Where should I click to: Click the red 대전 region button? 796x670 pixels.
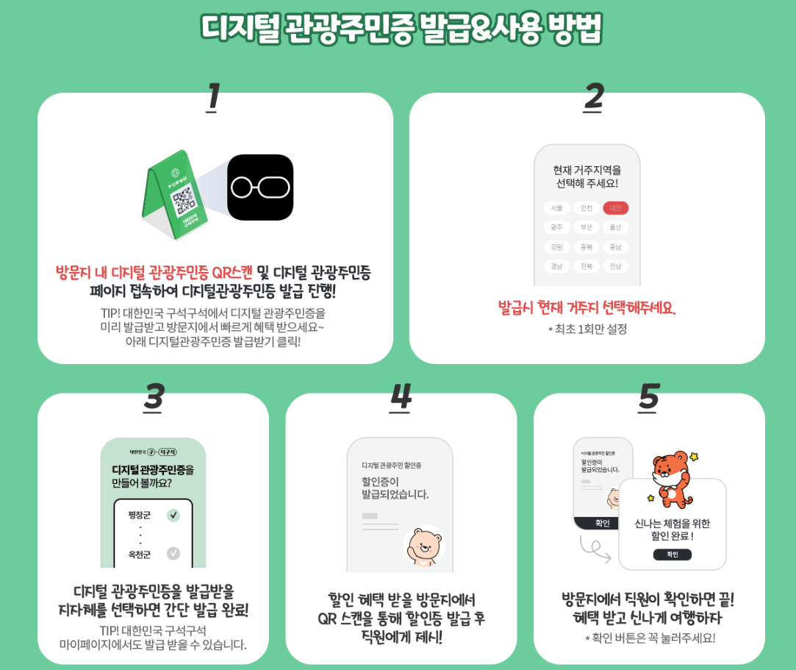click(x=615, y=208)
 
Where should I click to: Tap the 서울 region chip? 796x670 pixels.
click(x=556, y=208)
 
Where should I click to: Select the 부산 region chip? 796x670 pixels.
click(x=586, y=227)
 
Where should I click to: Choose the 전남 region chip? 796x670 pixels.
click(x=615, y=266)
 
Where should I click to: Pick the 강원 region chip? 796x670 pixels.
click(x=556, y=247)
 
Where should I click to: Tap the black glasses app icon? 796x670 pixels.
click(x=260, y=188)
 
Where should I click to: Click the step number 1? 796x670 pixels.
click(x=212, y=97)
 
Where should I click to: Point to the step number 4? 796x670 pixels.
click(x=401, y=397)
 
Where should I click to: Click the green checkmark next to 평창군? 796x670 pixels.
click(x=173, y=515)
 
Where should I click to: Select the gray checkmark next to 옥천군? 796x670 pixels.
click(x=173, y=553)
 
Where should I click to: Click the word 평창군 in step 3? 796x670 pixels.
click(x=139, y=515)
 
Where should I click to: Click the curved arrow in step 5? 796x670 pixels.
click(x=595, y=548)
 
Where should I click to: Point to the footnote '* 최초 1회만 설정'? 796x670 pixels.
click(x=587, y=329)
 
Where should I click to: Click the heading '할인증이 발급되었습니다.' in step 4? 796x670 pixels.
click(x=395, y=488)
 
